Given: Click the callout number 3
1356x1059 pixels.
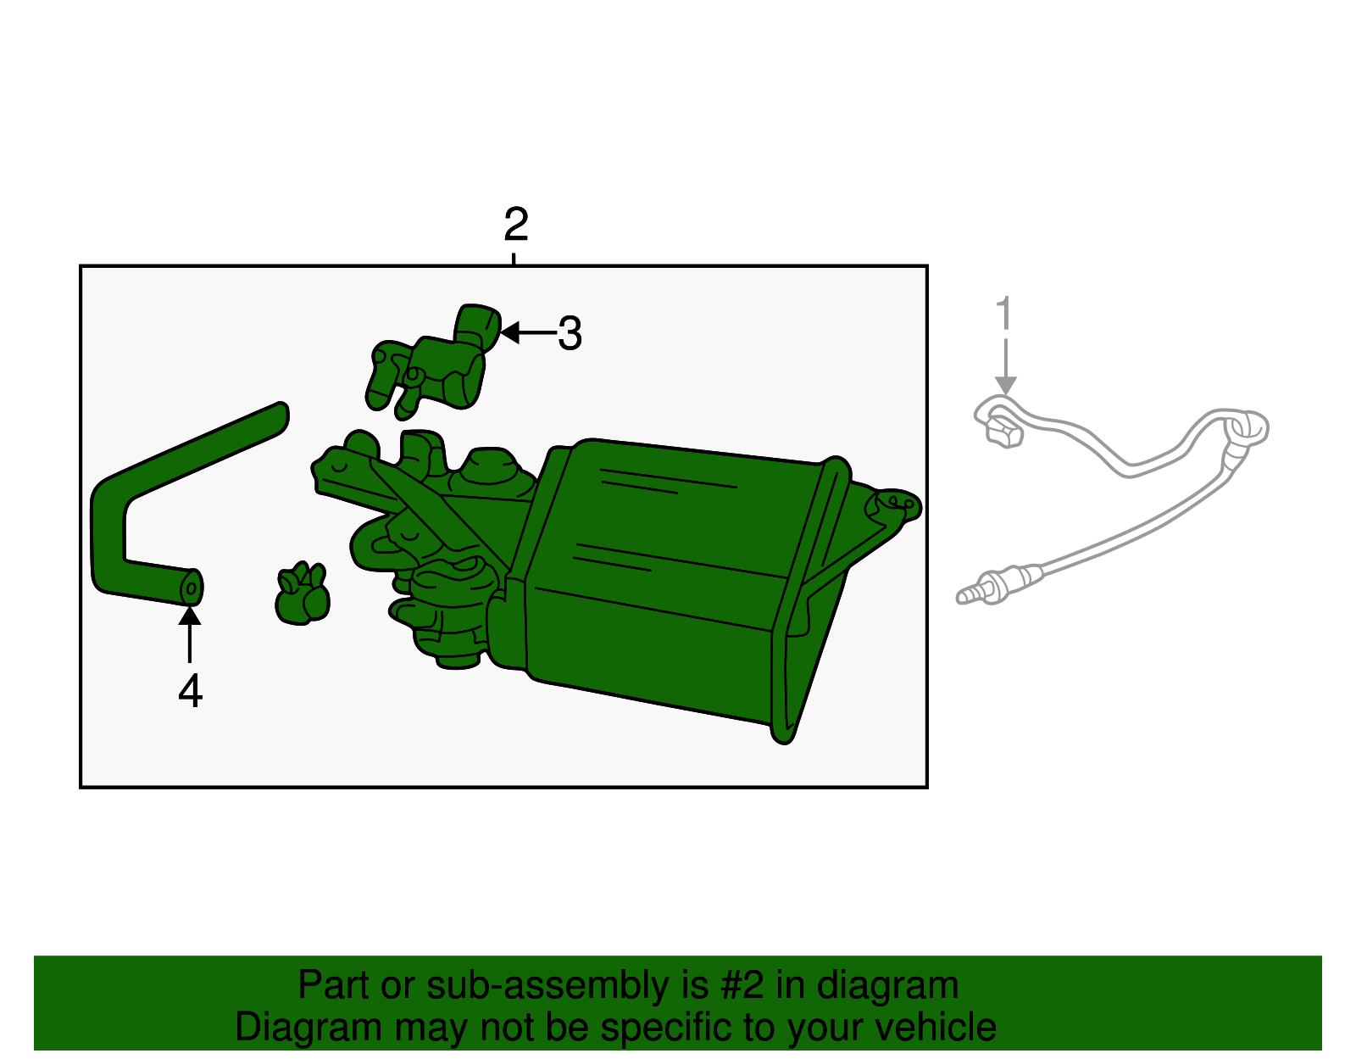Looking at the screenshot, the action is click(x=570, y=333).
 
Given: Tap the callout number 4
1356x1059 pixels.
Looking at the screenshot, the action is click(x=191, y=691).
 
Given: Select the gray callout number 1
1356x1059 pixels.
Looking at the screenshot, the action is click(x=1004, y=313).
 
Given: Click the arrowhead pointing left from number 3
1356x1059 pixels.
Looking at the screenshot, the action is click(x=509, y=332).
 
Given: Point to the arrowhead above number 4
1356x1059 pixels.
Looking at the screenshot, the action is click(x=190, y=616).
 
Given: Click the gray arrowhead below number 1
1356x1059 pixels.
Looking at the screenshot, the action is click(x=1005, y=385).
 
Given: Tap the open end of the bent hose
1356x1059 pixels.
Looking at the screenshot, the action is click(x=192, y=588).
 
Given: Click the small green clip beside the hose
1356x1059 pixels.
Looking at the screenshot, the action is click(x=303, y=594).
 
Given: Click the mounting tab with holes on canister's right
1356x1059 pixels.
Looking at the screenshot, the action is click(x=893, y=504).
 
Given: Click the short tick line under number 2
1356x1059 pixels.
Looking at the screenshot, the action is click(x=514, y=259).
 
